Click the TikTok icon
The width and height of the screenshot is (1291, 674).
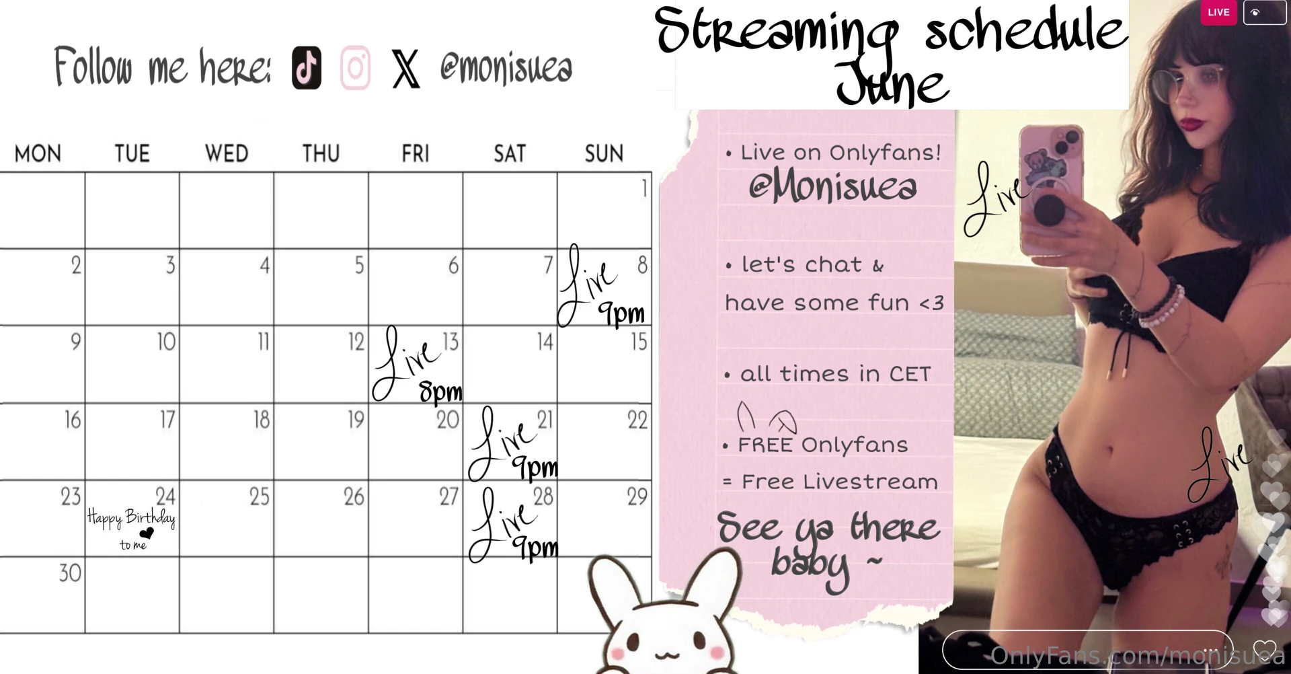coord(307,68)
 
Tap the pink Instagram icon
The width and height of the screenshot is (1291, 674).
coord(355,68)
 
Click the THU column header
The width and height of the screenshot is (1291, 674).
coord(321,154)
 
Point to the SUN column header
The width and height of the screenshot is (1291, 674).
coord(604,154)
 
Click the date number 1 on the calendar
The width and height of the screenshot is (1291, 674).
coord(644,188)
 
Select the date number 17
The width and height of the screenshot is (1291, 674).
coord(167,420)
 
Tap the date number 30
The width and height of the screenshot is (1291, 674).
coord(70,573)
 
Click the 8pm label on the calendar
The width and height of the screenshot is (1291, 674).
coord(441,391)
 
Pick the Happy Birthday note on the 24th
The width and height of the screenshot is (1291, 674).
coord(132,518)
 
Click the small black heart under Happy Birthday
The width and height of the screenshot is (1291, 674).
coord(147,533)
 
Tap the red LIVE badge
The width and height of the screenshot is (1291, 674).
coord(1218,12)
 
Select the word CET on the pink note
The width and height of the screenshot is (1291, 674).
coord(910,374)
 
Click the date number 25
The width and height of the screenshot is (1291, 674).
coord(260,496)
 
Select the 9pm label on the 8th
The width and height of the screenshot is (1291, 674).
coord(621,313)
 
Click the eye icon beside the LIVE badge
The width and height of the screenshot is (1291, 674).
coord(1255,12)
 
